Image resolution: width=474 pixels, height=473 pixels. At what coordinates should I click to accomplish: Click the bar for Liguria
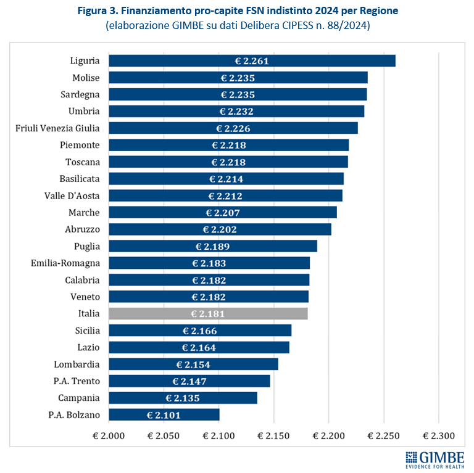click(x=252, y=60)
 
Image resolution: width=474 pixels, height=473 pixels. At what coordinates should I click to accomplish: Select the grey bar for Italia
click(x=208, y=313)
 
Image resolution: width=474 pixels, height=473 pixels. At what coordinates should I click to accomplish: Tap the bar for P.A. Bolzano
click(x=164, y=414)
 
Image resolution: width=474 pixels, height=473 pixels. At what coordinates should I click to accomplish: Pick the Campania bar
click(x=183, y=398)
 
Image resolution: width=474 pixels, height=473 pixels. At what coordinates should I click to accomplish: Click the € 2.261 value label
click(x=252, y=60)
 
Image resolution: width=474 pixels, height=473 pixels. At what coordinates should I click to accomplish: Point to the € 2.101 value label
click(x=164, y=415)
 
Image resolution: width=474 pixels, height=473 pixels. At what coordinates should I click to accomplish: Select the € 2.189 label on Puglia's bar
click(x=213, y=246)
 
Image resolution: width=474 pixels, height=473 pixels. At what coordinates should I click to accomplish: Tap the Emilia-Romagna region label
click(x=65, y=263)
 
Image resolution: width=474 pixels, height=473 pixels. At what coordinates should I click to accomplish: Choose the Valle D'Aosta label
click(x=72, y=195)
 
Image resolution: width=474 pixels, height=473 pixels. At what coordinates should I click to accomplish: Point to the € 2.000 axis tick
click(x=109, y=436)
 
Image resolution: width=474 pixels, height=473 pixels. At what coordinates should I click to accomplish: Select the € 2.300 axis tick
click(x=438, y=436)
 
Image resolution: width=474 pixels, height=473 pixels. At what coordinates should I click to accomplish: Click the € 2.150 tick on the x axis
click(x=273, y=436)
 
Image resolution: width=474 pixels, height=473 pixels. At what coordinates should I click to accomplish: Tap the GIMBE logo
click(x=436, y=458)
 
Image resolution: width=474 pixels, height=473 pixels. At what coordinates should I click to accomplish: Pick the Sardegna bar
click(x=238, y=94)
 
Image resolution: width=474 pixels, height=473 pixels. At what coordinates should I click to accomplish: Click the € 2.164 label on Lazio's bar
click(x=199, y=347)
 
